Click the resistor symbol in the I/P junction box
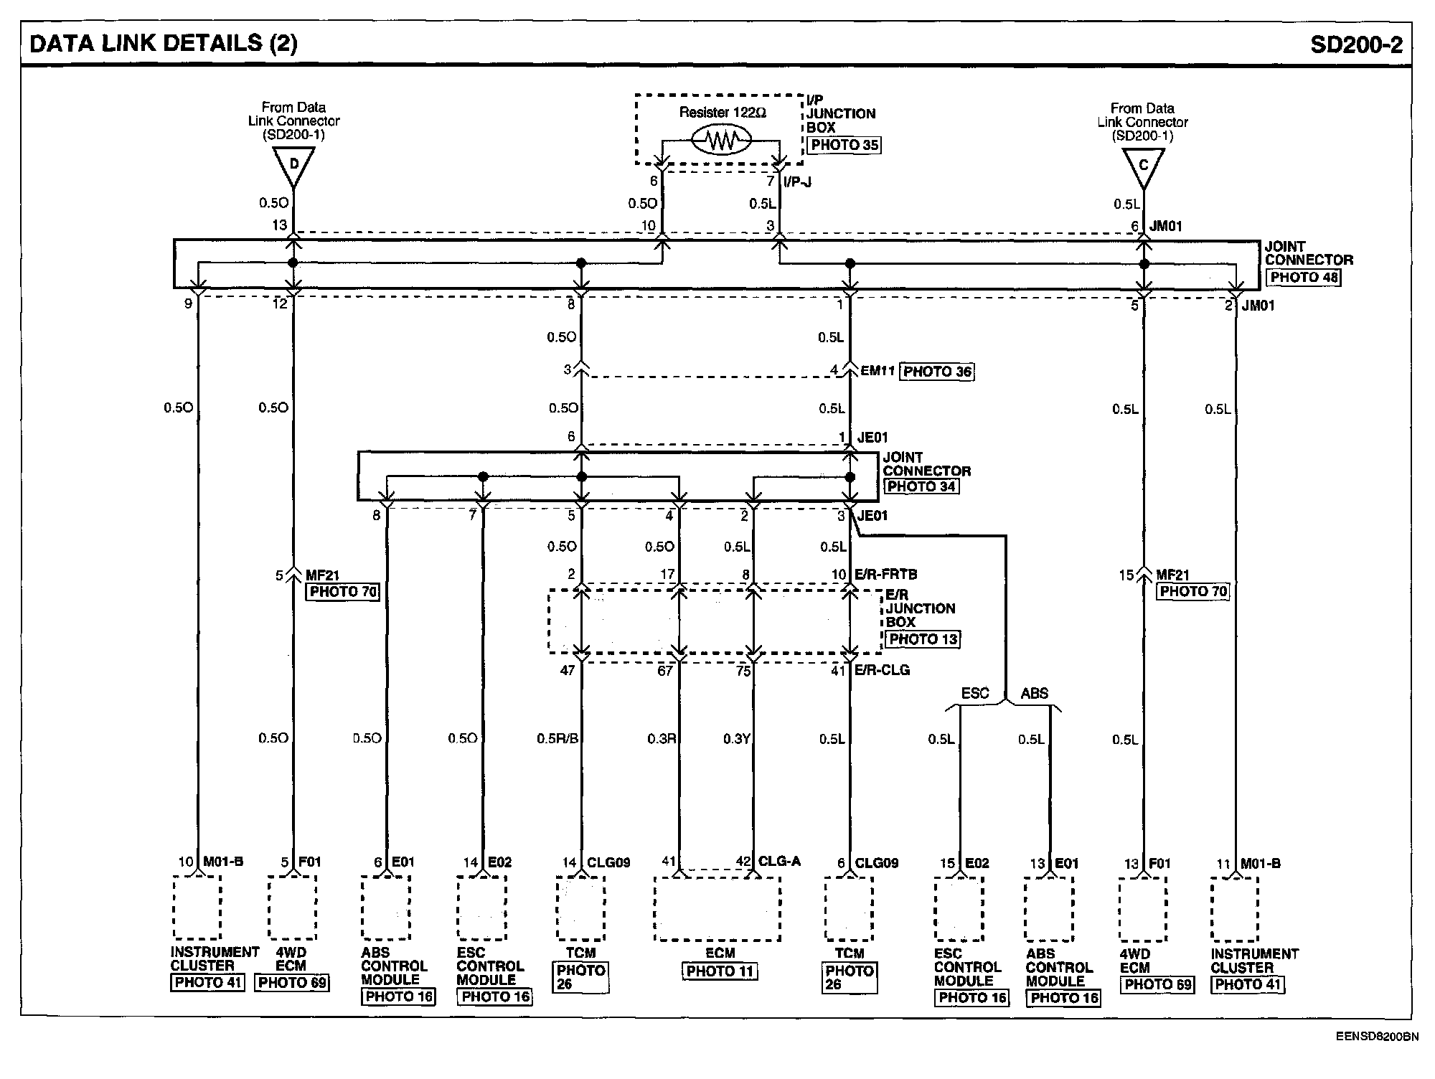[x=720, y=141]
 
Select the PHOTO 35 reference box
[x=844, y=145]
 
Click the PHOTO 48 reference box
[x=1303, y=278]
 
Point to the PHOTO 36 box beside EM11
[x=937, y=372]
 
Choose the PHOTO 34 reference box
[x=921, y=486]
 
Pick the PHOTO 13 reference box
[x=923, y=639]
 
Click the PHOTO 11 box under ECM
[x=720, y=971]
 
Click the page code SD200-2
[x=1355, y=44]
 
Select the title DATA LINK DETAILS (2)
[x=163, y=43]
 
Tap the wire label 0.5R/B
[x=557, y=738]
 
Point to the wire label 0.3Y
[x=736, y=739]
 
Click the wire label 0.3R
[x=662, y=738]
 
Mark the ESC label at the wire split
[x=974, y=693]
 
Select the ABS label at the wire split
[x=1034, y=693]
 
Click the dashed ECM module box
[x=717, y=908]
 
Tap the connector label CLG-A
[x=780, y=862]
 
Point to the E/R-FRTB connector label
[x=886, y=575]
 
